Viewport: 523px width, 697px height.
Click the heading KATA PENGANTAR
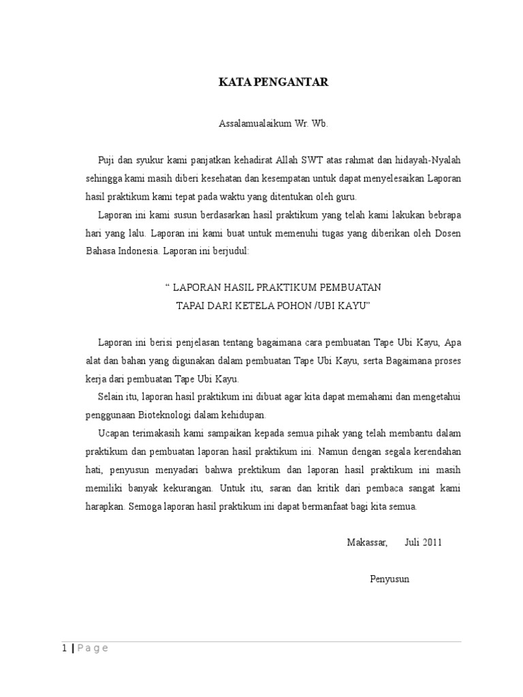(273, 82)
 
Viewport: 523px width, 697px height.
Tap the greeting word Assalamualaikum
(249, 125)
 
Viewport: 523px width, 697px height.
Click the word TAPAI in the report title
(191, 306)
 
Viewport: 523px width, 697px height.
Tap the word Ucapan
(114, 433)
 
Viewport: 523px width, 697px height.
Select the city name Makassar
(367, 542)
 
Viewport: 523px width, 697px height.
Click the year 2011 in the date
(432, 542)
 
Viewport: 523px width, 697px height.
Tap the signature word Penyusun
(390, 579)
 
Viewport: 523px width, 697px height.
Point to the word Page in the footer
(91, 648)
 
